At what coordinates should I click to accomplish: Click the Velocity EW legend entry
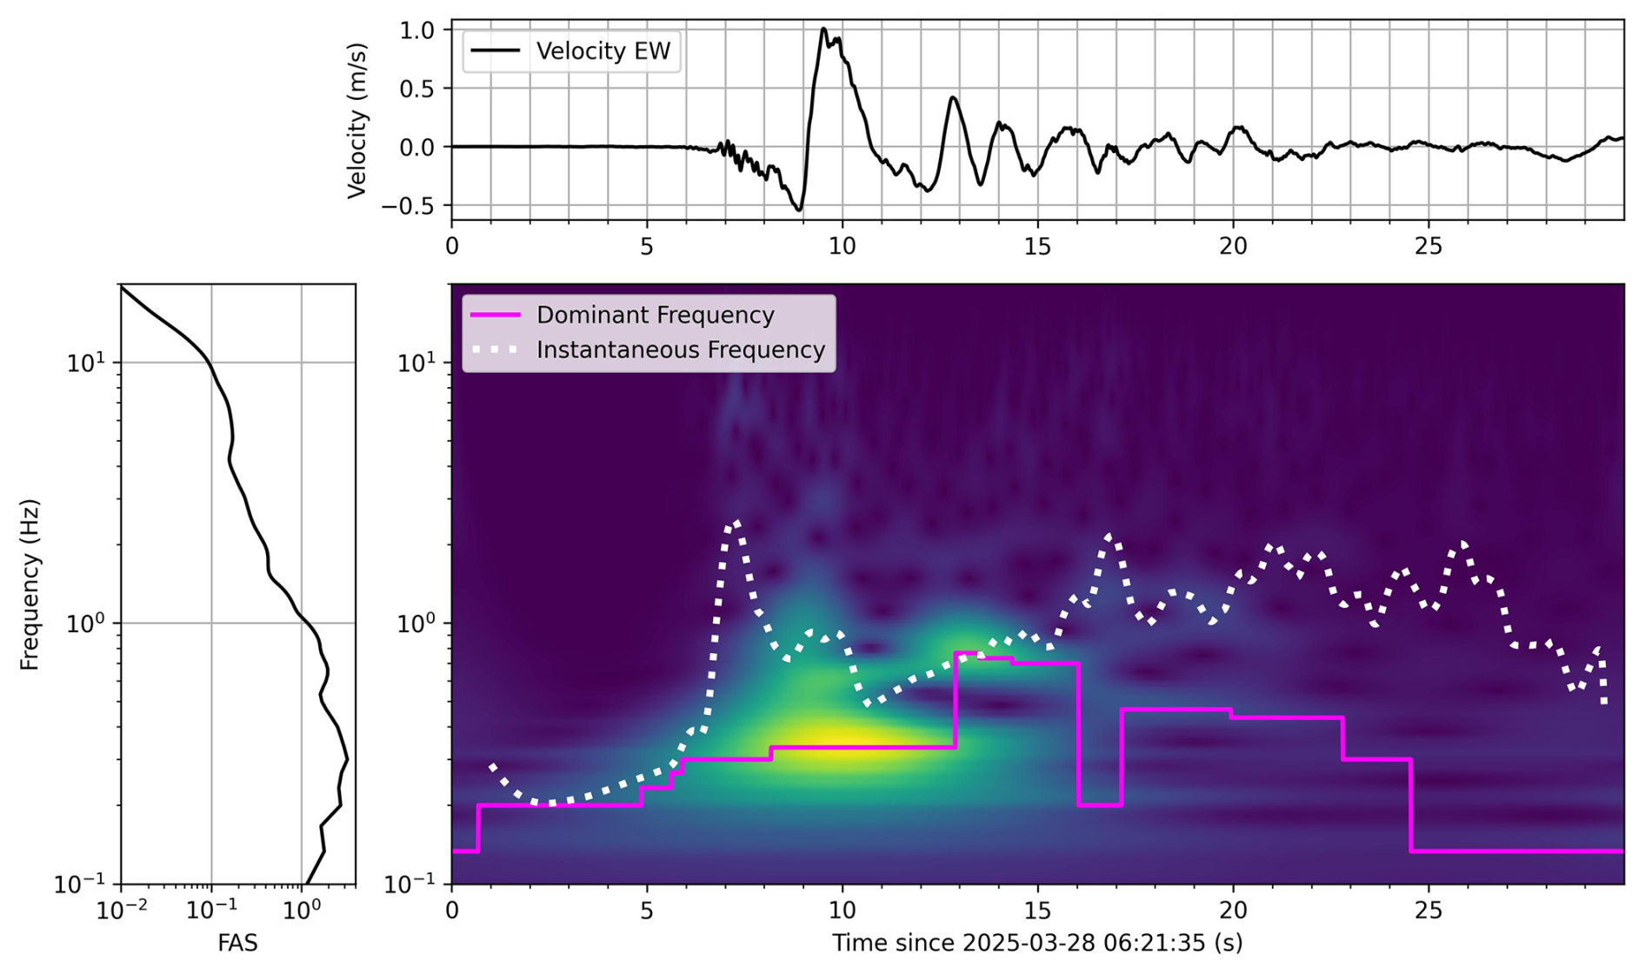pyautogui.click(x=571, y=51)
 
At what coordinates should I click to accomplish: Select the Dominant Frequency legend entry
pyautogui.click(x=623, y=315)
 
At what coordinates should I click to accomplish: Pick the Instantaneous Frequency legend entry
pyautogui.click(x=648, y=350)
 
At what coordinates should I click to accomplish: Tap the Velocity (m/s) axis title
pyautogui.click(x=356, y=121)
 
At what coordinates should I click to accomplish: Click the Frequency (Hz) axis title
pyautogui.click(x=30, y=584)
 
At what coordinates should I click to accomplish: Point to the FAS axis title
pyautogui.click(x=237, y=943)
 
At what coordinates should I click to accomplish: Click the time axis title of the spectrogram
pyautogui.click(x=1037, y=943)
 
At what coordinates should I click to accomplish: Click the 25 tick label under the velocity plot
pyautogui.click(x=1429, y=247)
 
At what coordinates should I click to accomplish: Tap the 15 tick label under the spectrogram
pyautogui.click(x=1037, y=911)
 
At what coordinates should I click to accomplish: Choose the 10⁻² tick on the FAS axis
pyautogui.click(x=121, y=910)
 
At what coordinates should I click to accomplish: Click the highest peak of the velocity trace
pyautogui.click(x=823, y=29)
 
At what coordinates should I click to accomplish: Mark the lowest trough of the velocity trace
pyautogui.click(x=799, y=210)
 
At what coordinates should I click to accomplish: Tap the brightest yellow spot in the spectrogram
pyautogui.click(x=842, y=745)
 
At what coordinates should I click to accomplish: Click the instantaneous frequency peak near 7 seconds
pyautogui.click(x=736, y=523)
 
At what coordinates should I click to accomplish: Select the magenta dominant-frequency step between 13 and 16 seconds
pyautogui.click(x=1017, y=658)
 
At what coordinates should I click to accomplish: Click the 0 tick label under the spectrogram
pyautogui.click(x=451, y=911)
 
